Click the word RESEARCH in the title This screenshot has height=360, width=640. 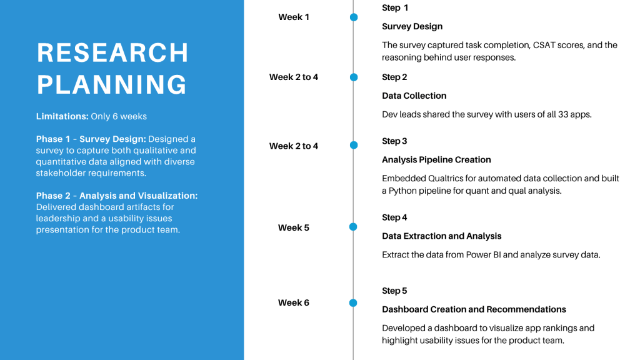112,52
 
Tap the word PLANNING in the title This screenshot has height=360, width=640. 112,84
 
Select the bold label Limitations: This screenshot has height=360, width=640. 62,116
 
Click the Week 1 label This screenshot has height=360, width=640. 294,17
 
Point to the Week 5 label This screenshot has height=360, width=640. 294,227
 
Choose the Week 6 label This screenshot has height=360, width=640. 294,303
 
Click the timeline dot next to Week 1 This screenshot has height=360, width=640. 354,17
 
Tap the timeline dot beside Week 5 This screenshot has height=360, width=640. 354,227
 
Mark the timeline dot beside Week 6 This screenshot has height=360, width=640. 354,303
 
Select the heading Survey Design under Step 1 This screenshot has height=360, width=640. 412,26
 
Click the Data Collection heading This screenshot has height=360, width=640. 414,96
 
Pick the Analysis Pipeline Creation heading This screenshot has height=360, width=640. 436,160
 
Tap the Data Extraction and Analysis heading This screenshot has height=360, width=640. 442,236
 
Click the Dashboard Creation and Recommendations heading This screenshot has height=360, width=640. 474,309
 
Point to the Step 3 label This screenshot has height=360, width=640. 394,141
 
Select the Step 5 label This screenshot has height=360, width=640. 394,291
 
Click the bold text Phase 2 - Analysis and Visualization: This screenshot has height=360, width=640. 117,196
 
